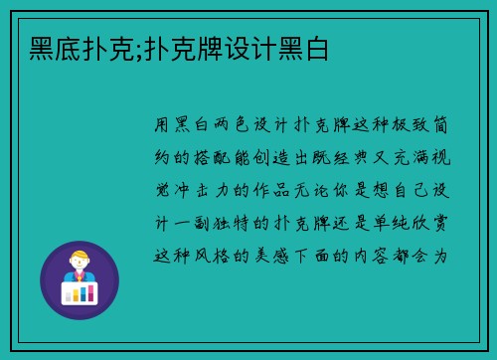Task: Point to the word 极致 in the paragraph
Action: tap(412, 125)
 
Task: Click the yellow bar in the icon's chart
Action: tap(81, 292)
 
